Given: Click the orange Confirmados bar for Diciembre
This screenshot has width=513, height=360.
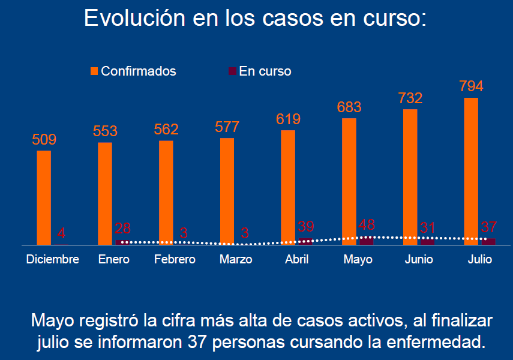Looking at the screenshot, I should pos(44,197).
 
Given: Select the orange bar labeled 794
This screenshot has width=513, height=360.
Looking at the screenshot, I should pos(471,171).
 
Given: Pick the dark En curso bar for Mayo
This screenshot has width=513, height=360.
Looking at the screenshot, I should pos(366,240).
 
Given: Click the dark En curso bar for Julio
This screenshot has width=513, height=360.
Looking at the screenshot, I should pos(488,241).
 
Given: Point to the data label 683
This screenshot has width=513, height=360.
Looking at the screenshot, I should pos(349,107).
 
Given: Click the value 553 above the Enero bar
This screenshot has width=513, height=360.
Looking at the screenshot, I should pos(105,131).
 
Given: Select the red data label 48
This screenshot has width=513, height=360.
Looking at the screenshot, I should pos(366,225).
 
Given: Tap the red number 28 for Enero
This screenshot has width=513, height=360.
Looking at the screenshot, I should pos(122,229).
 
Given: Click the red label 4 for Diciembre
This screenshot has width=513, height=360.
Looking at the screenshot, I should pos(61,233).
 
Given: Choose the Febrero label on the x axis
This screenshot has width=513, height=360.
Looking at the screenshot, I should pos(175,260).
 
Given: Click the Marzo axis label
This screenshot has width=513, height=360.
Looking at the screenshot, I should pos(236,260).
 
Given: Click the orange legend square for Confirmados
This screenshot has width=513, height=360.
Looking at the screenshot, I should pos(94,71).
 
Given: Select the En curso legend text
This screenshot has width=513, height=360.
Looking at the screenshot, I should pos(265,71).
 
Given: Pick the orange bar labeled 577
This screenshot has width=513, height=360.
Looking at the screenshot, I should pos(227,191).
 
